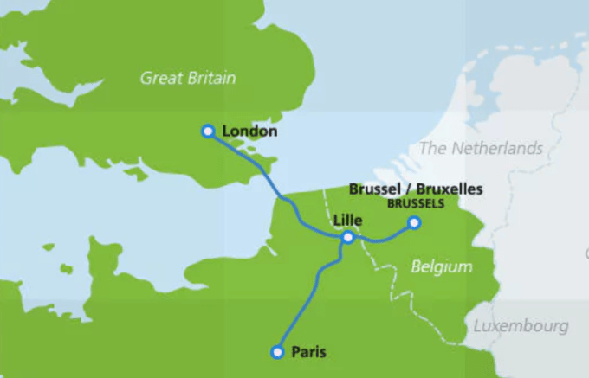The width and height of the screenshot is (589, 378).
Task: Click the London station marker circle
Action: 208,131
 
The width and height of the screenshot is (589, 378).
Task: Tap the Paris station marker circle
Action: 277,352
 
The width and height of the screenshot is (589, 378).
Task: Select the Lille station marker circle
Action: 347,237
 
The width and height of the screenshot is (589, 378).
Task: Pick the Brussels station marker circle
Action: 414,223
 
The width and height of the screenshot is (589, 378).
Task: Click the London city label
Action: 249,131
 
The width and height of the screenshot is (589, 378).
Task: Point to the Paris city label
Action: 308,352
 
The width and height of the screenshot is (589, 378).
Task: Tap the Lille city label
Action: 347,220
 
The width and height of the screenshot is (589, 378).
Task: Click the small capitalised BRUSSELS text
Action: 415,204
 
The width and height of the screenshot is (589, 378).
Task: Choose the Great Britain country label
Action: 188,79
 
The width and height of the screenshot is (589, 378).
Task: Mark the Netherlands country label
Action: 481,149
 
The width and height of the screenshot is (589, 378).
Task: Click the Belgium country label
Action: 442,267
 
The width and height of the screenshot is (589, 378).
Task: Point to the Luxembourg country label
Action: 521,326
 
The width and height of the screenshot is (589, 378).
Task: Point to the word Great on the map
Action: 159,79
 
